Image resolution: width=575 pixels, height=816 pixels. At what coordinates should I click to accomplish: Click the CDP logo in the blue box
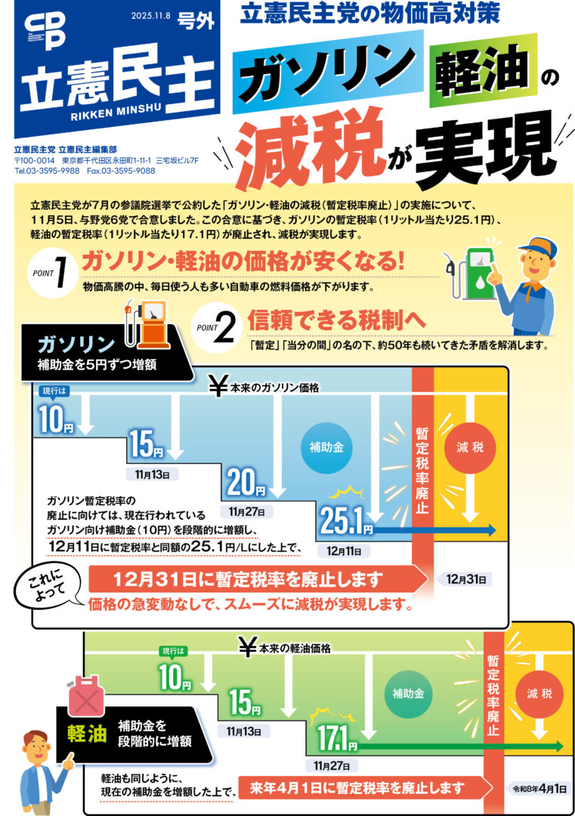click(x=45, y=31)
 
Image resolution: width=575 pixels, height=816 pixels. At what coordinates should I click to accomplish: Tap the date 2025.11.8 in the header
click(x=150, y=16)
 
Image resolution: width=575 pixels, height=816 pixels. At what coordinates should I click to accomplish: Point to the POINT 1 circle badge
click(x=53, y=272)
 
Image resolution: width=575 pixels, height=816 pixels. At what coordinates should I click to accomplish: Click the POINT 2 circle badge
click(x=217, y=327)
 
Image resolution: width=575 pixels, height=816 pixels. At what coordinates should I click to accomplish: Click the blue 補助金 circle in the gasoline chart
click(x=326, y=447)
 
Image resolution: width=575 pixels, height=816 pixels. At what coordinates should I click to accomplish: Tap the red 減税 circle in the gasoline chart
click(x=470, y=447)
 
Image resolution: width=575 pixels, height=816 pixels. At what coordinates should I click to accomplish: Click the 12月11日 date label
click(x=344, y=551)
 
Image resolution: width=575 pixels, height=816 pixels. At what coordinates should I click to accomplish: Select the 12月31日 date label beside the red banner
click(x=465, y=580)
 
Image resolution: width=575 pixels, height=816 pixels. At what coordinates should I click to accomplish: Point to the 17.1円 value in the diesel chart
click(x=337, y=737)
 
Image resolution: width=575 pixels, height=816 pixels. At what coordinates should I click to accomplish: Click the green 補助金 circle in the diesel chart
click(x=409, y=693)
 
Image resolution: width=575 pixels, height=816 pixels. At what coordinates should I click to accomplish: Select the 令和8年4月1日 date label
click(x=539, y=789)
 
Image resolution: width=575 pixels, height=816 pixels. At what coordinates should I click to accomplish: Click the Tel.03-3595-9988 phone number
click(x=48, y=171)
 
